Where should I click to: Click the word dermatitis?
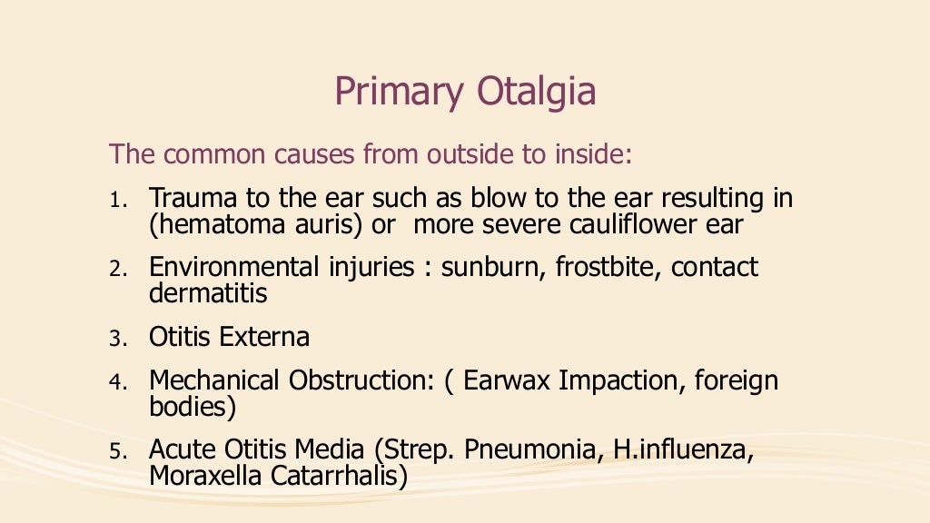tap(208, 294)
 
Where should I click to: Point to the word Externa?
tap(265, 338)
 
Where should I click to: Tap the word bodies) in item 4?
tap(193, 407)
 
